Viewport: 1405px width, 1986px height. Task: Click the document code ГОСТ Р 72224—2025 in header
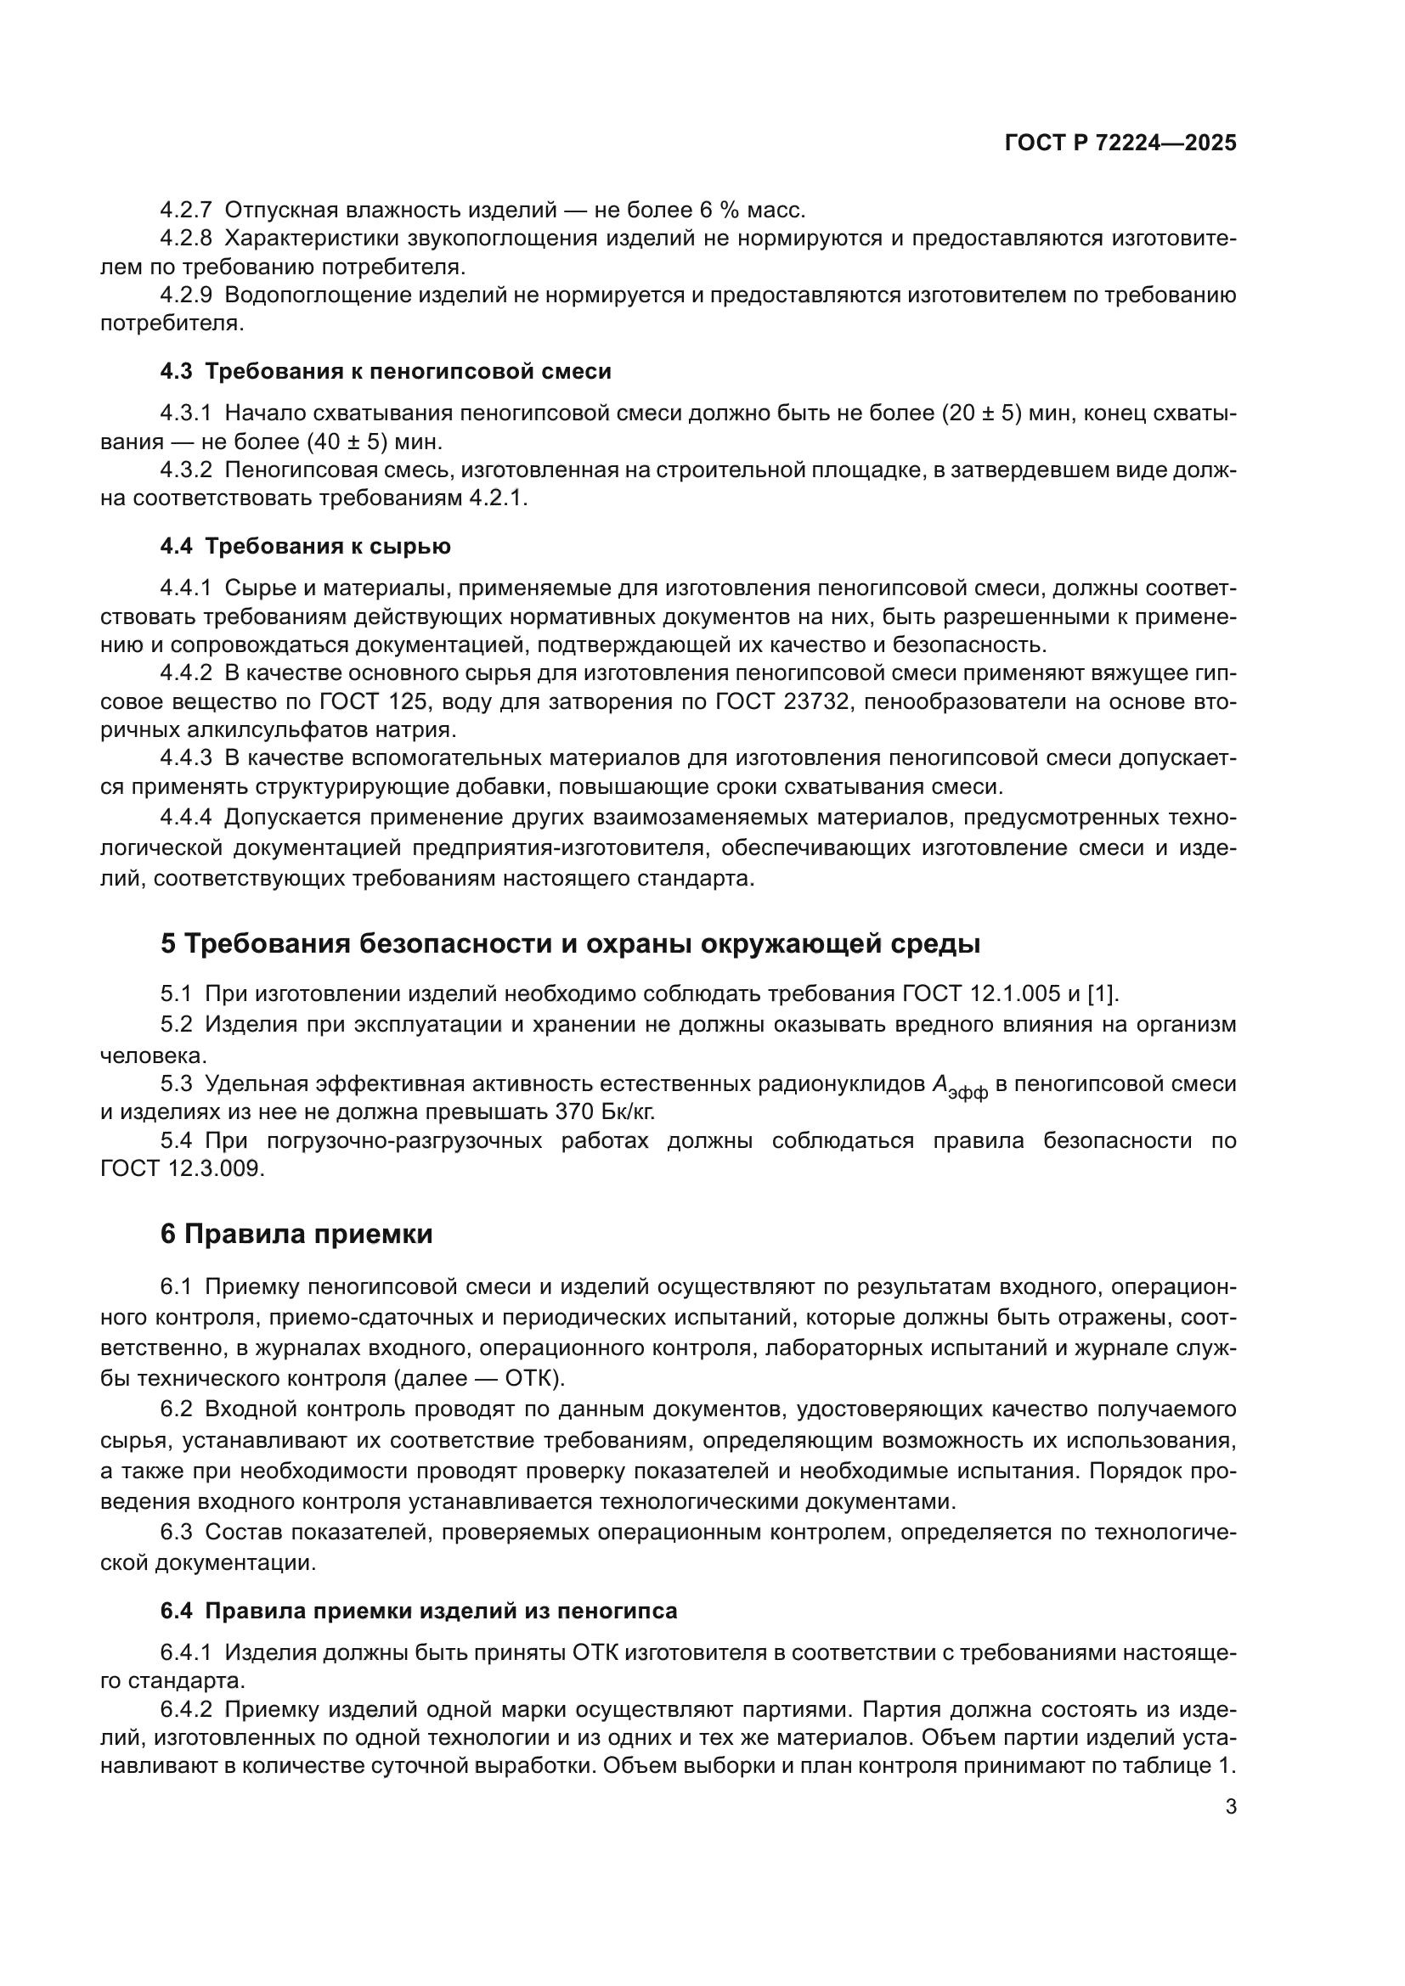pos(1120,143)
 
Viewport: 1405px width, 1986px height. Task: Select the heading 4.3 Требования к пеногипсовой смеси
pos(385,372)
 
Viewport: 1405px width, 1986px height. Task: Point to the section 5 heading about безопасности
pos(570,943)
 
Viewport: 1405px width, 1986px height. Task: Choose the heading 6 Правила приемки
pos(296,1235)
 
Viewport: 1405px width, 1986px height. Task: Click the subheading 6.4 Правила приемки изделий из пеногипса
pos(418,1611)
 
